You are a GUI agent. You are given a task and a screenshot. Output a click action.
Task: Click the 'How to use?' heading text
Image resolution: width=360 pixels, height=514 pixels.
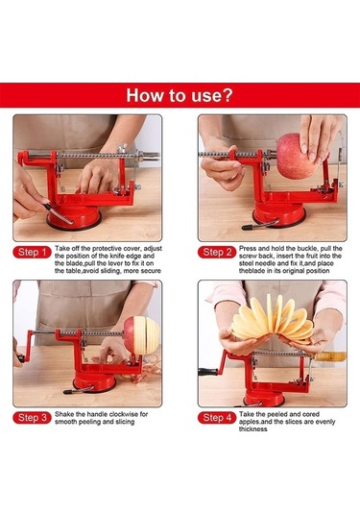tap(180, 95)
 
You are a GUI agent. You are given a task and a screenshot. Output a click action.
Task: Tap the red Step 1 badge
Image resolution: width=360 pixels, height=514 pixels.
tap(32, 253)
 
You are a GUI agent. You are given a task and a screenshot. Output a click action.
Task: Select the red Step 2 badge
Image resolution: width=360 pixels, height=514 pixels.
tap(217, 253)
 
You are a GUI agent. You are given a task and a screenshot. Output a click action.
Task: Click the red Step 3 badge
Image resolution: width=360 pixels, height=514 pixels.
tap(32, 418)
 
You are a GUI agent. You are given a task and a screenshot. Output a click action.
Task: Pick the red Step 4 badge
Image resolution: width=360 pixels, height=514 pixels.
tap(217, 418)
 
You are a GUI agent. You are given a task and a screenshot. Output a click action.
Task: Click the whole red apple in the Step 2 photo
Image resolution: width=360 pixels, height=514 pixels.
tap(295, 156)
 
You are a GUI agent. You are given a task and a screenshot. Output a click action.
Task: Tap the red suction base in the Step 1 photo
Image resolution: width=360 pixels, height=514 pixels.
tap(73, 217)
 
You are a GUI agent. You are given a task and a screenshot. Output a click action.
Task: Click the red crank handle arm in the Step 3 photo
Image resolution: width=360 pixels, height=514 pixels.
tap(29, 346)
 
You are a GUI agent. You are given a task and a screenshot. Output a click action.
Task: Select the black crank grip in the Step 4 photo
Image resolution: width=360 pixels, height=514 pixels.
tap(207, 372)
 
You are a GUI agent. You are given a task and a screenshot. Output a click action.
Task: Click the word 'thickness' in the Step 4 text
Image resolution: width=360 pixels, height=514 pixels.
tap(252, 429)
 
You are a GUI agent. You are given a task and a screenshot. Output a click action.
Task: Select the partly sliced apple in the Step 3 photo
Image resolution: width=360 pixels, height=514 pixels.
tap(141, 335)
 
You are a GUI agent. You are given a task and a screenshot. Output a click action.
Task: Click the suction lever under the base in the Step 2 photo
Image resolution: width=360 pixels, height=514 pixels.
tap(259, 225)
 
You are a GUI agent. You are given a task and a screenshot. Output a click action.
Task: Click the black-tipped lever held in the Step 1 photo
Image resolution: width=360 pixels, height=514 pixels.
tap(58, 213)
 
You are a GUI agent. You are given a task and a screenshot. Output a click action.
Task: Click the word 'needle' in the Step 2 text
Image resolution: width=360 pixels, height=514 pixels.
tap(265, 263)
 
